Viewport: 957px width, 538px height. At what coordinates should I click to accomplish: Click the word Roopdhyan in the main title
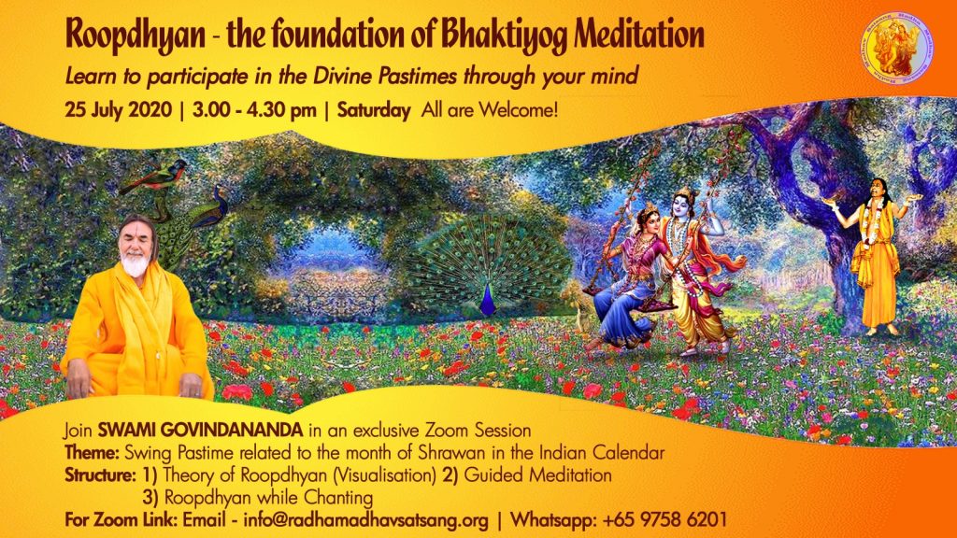point(136,35)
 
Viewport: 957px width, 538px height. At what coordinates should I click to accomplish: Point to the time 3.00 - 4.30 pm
point(254,110)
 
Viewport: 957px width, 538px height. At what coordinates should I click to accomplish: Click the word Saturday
point(374,111)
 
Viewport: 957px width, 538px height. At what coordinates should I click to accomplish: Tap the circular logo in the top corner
point(896,48)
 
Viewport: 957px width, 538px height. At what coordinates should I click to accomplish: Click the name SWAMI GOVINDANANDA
point(200,430)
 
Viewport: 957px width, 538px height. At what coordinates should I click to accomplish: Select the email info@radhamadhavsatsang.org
point(365,520)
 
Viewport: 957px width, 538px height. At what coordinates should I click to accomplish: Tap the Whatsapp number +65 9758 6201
point(664,520)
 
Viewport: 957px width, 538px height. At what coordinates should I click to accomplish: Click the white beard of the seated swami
point(135,264)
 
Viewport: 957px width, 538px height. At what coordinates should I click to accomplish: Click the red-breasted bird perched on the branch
point(154,177)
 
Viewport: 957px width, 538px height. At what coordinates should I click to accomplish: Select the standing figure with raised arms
point(874,256)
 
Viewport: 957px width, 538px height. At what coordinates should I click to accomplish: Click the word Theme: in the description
point(93,453)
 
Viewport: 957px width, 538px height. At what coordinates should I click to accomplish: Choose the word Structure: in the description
point(100,475)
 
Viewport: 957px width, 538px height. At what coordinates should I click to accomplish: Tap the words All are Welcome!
point(490,110)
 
